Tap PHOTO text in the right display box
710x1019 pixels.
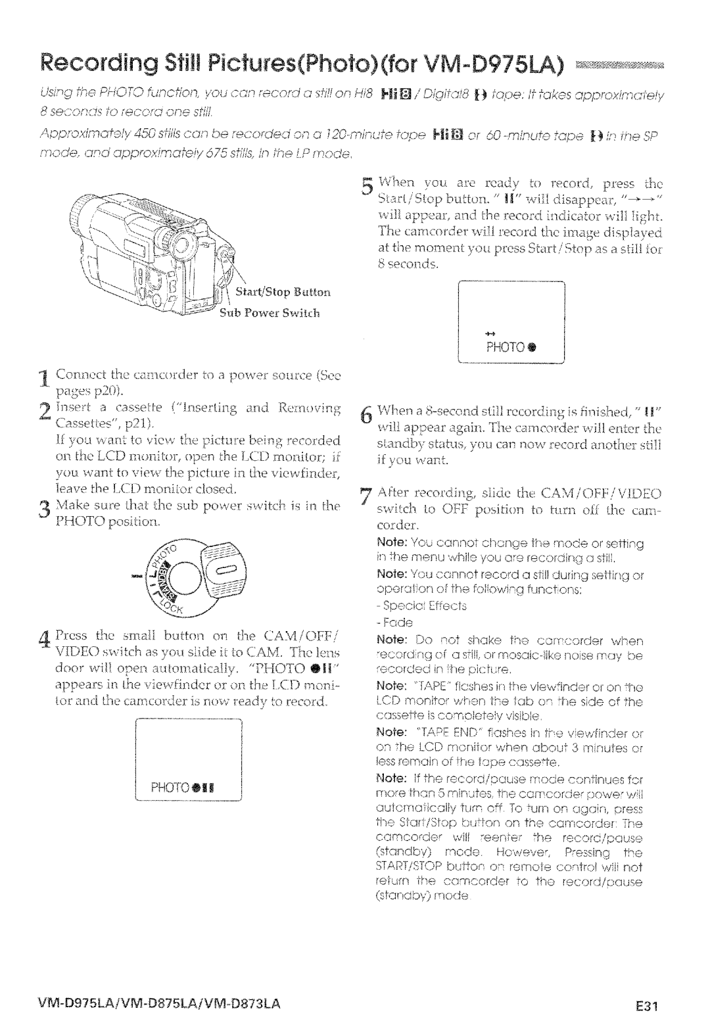tap(502, 348)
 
